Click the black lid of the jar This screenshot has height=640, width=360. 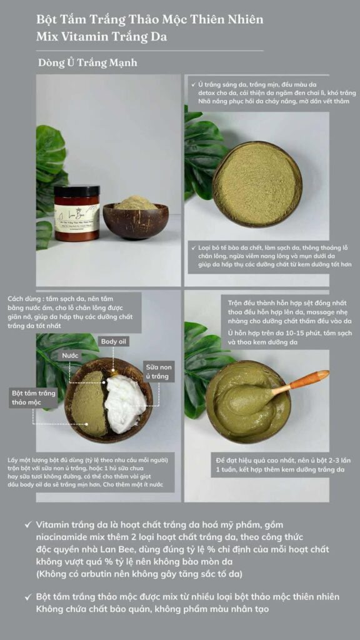point(77,190)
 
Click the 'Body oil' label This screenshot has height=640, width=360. point(114,341)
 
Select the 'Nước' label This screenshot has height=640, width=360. point(70,356)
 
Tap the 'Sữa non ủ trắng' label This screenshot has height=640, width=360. point(159,371)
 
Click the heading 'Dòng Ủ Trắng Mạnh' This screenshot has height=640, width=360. point(87,63)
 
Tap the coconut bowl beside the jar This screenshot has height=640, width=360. point(136,219)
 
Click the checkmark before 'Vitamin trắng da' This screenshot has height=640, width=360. point(27,524)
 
